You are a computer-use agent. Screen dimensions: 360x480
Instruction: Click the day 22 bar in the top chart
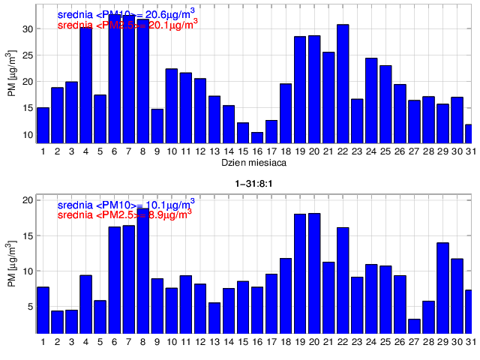(x=343, y=83)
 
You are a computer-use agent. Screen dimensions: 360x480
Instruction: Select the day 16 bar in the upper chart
(x=257, y=137)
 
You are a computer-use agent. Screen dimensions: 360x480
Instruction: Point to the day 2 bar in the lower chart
(x=57, y=322)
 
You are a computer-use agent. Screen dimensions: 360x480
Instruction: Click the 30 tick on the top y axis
(x=28, y=29)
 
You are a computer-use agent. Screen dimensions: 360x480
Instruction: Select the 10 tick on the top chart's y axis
(x=28, y=135)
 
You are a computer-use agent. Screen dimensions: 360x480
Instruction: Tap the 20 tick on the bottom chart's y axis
(x=28, y=200)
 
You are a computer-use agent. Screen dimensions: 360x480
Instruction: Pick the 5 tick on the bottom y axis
(x=30, y=307)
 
